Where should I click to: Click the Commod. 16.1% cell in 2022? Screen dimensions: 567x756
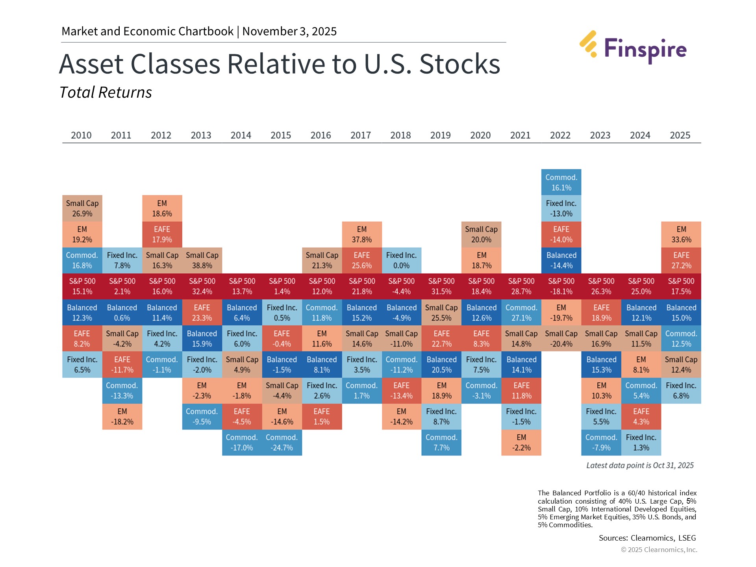coord(561,182)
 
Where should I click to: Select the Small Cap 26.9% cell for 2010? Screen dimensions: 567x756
coord(82,208)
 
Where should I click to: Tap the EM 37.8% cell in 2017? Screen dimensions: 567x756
coord(361,234)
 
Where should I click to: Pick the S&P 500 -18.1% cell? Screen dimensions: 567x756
coord(561,286)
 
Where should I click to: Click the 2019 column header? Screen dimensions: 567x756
coord(440,135)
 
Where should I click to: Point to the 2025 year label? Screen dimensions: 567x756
coord(680,135)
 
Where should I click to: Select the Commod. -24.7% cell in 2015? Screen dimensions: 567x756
coord(282,443)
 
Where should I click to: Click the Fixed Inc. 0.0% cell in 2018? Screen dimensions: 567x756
coord(401,260)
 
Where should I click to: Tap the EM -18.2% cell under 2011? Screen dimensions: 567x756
coord(122,417)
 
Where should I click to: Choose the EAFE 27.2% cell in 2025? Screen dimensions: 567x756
coord(681,260)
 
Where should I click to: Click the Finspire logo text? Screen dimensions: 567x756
coord(645,50)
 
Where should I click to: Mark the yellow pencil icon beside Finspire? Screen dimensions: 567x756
coord(588,44)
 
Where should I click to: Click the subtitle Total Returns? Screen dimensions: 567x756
coord(106,93)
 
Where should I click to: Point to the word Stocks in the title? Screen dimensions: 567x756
coord(460,64)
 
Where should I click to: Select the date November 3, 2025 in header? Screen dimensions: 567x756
coord(289,31)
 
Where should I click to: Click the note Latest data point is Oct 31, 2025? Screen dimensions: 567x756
coord(640,465)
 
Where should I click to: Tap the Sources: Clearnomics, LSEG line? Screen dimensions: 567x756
coord(647,538)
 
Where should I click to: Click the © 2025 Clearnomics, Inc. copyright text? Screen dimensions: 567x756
coord(659,550)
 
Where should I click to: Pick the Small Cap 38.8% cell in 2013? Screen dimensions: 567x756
coord(202,260)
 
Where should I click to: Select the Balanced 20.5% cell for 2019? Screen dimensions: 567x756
coord(441,365)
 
